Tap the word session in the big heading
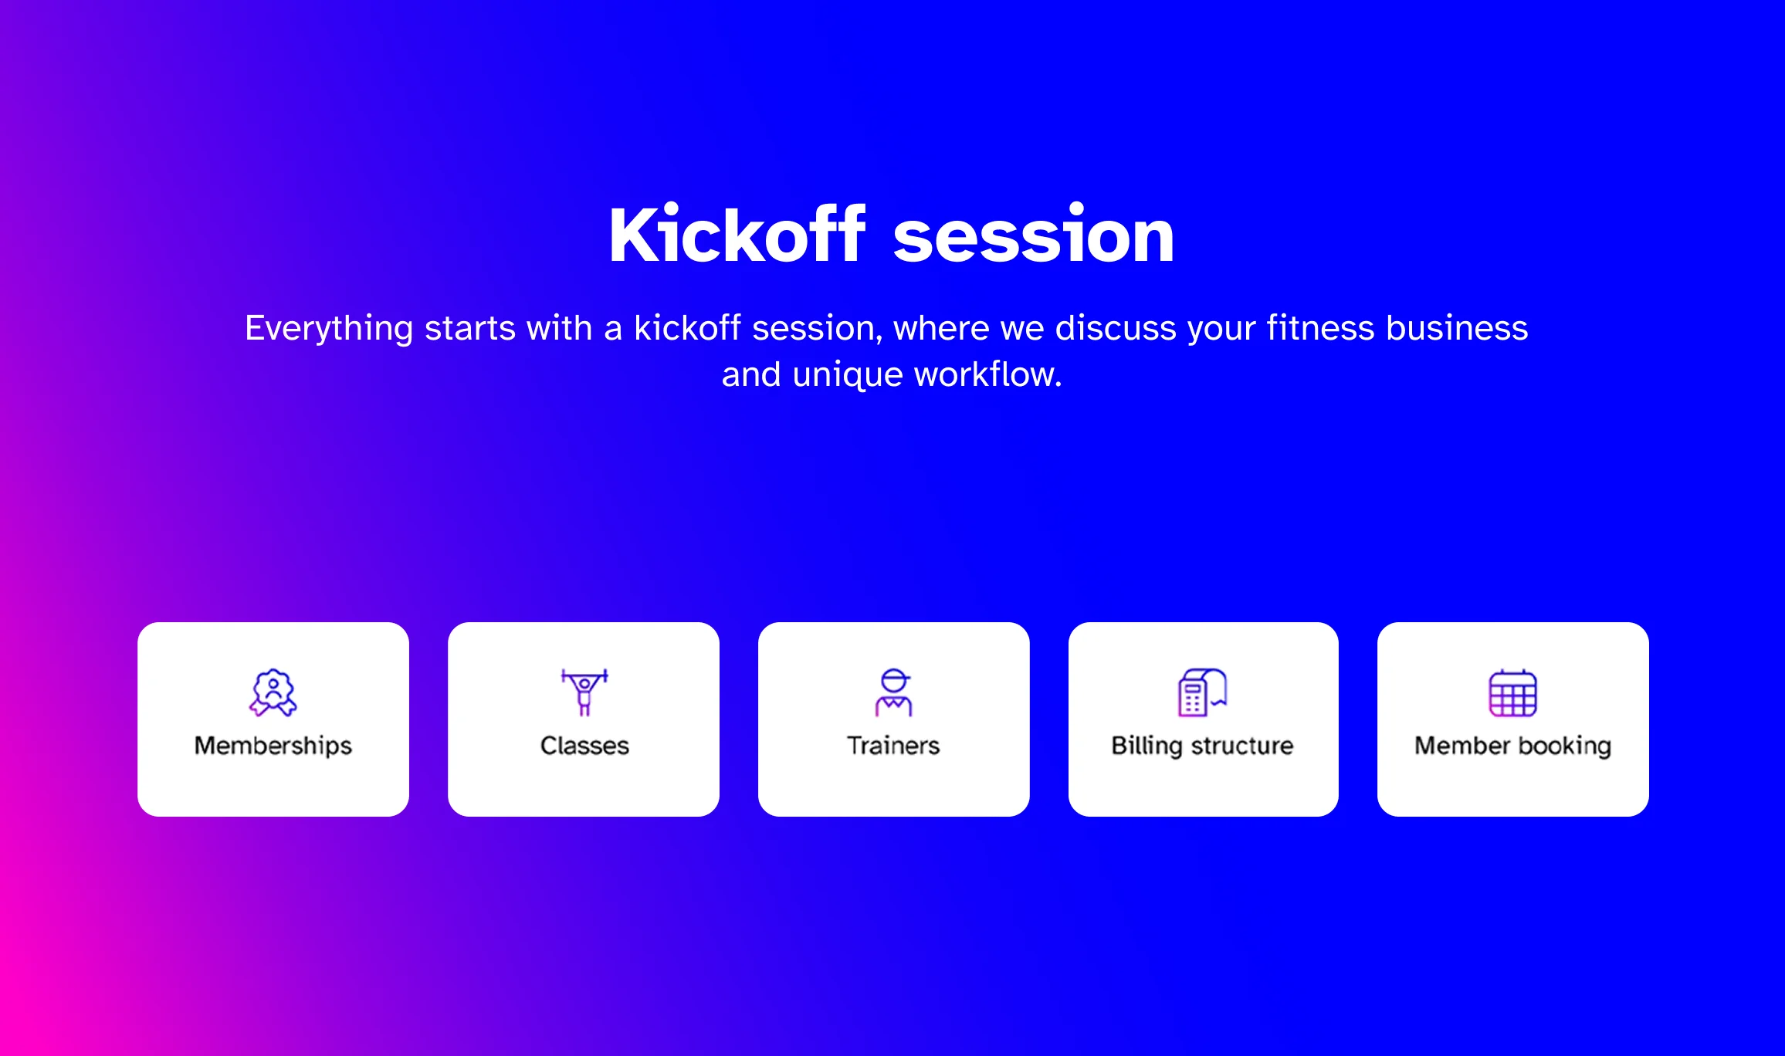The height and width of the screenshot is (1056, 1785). tap(1034, 236)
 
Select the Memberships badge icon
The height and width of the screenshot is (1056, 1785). tap(273, 692)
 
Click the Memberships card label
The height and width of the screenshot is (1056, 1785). tap(273, 746)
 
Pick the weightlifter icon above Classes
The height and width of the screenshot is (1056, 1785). tap(584, 692)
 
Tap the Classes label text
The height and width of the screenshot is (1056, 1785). tap(584, 746)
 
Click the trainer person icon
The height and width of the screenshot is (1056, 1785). tap(894, 692)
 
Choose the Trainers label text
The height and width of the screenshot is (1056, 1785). tap(893, 746)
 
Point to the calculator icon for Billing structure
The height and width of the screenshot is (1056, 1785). tap(1202, 692)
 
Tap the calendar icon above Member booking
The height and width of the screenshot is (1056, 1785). tap(1513, 692)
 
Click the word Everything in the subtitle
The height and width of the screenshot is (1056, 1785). tap(330, 329)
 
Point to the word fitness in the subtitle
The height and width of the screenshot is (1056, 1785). tap(1321, 327)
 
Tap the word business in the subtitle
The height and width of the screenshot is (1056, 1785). tap(1458, 327)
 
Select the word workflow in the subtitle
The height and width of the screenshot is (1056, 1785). tap(988, 374)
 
